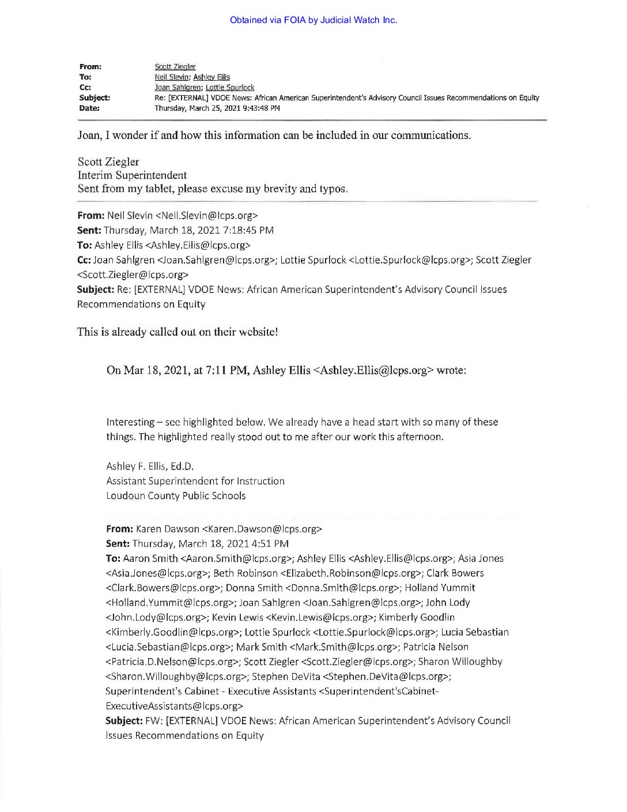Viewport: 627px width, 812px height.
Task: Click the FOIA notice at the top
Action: (x=313, y=20)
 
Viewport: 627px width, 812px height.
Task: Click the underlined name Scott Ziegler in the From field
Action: (x=175, y=67)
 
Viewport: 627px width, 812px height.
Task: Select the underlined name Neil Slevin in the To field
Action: (x=172, y=77)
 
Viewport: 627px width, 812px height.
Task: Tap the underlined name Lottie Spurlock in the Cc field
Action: (x=230, y=88)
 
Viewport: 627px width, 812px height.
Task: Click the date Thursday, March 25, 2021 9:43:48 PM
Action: (x=217, y=108)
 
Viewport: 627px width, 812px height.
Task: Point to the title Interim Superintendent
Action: (x=132, y=175)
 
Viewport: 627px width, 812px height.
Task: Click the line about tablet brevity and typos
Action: (x=213, y=189)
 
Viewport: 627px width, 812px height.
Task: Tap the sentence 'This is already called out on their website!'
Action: (x=177, y=332)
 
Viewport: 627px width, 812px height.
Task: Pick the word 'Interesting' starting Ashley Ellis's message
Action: (x=130, y=422)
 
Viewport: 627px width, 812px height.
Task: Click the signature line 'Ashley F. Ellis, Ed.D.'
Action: (x=150, y=467)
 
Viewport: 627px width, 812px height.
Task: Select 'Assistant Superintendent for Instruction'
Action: (x=195, y=481)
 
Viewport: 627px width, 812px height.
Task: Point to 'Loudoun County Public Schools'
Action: (x=176, y=496)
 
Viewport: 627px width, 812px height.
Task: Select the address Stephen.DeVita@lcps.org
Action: (x=387, y=676)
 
